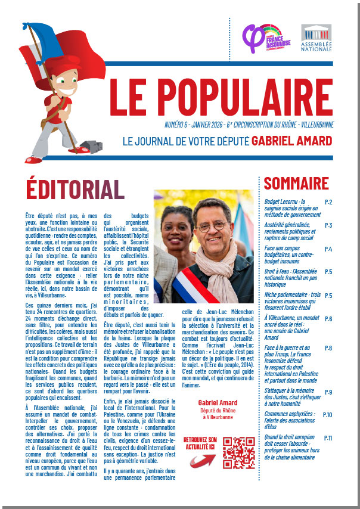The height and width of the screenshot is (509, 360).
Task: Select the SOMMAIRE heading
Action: [296, 183]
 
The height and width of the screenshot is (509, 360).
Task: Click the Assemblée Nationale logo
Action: [316, 38]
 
